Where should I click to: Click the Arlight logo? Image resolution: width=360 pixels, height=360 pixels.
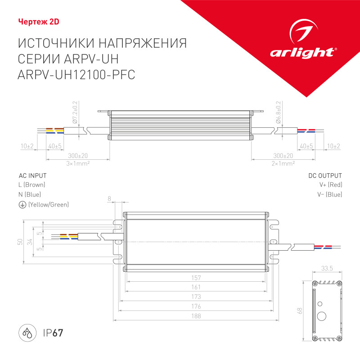tap(302, 45)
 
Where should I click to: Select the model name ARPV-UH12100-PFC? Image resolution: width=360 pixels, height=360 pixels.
tap(76, 76)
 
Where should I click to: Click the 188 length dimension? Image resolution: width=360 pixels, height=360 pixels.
tap(195, 316)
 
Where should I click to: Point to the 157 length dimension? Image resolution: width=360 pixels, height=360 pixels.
tap(195, 278)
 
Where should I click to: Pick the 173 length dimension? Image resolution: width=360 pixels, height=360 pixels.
tap(195, 297)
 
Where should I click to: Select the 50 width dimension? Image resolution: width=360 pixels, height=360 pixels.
tap(20, 242)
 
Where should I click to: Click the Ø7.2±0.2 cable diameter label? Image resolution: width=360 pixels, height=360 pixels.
tap(75, 112)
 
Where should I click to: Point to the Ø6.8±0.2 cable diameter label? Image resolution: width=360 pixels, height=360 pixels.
tap(279, 112)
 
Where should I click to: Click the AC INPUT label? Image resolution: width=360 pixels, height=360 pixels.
tap(32, 175)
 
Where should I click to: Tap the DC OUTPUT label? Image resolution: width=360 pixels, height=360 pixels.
tap(325, 175)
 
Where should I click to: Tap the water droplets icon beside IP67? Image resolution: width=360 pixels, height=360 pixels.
tap(27, 333)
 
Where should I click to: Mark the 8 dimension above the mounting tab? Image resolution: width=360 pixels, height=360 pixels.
tap(109, 198)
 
